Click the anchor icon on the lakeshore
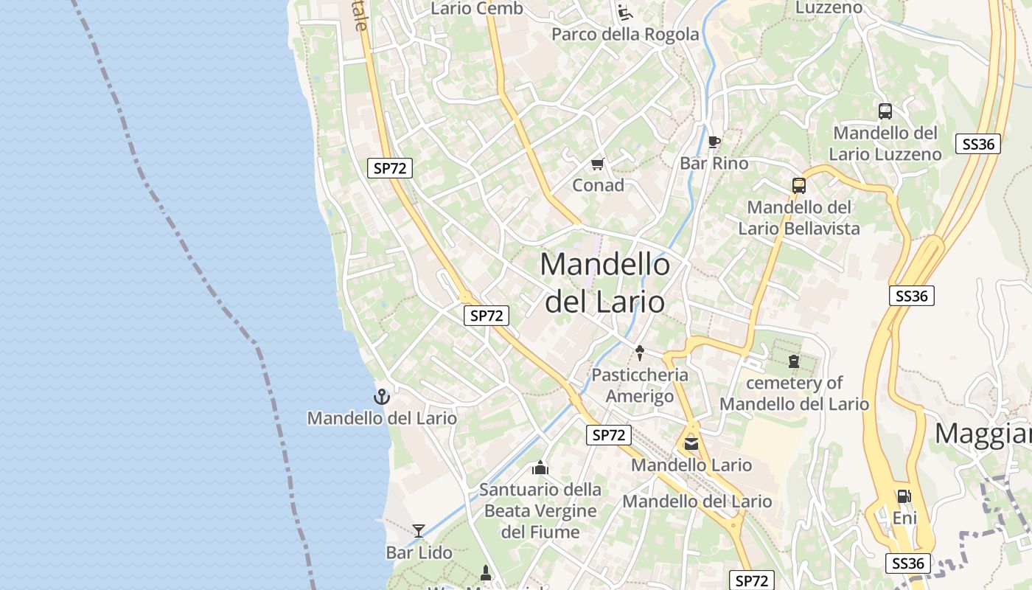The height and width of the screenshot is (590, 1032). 381,397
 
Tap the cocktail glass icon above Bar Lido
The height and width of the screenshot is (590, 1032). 419,530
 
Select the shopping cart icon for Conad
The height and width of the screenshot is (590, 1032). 597,164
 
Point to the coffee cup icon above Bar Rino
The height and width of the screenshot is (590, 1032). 714,142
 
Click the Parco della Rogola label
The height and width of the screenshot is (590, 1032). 625,34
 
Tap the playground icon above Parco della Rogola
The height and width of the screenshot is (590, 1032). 625,12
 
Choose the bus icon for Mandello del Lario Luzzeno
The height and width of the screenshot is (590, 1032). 885,111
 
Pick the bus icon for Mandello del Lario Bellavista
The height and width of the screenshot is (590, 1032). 799,186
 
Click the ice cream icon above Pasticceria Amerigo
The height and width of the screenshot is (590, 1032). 639,353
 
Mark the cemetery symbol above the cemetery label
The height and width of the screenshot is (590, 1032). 793,361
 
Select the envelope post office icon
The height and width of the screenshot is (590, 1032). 691,443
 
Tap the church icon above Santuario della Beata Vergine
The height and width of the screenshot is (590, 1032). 540,468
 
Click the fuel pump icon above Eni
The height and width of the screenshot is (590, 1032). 904,496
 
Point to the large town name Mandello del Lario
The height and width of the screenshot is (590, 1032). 605,282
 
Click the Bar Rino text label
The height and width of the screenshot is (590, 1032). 714,163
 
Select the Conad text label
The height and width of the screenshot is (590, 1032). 598,185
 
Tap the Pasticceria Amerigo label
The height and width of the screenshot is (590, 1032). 639,386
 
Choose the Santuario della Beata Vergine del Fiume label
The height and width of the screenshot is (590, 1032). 540,510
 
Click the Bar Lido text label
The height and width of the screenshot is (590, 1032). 419,552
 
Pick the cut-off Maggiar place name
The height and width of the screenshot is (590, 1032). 983,434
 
